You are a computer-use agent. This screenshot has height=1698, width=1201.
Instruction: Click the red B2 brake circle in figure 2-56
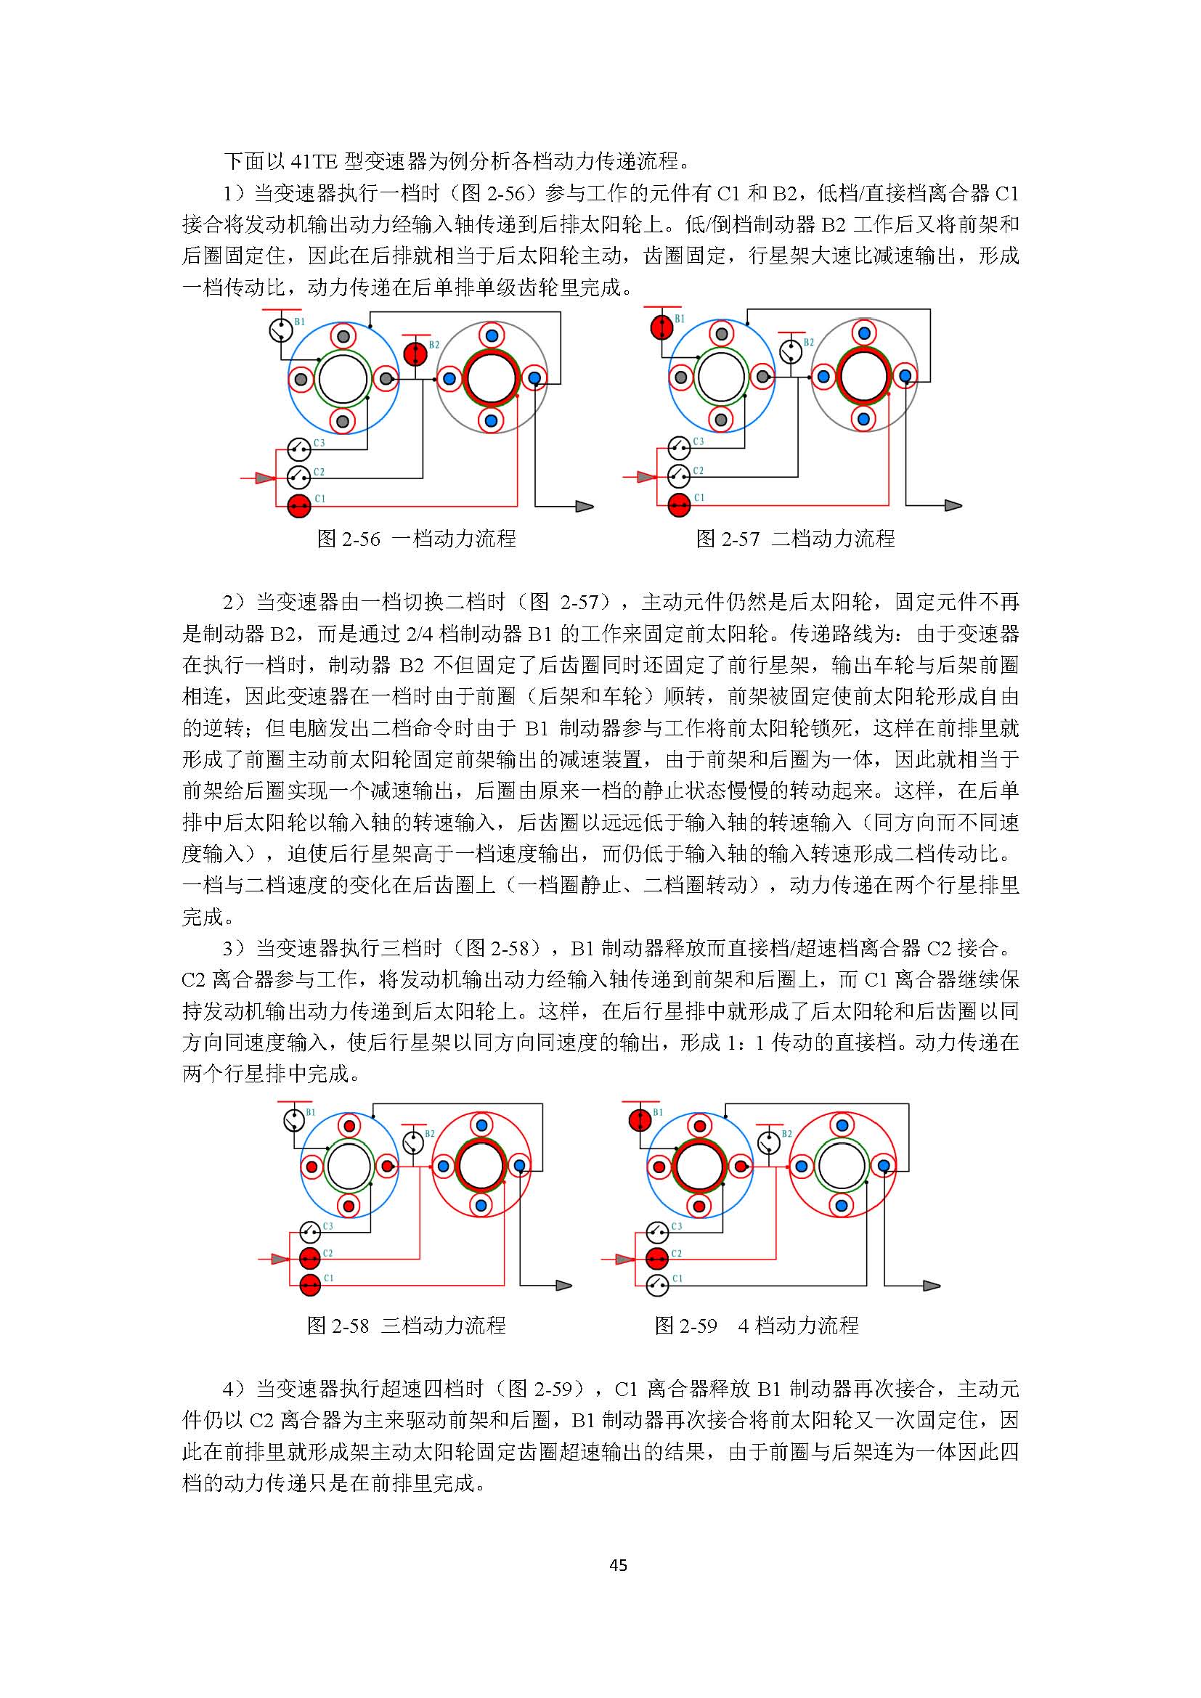tap(415, 354)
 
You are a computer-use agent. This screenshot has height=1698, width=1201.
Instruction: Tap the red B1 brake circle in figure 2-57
tap(661, 326)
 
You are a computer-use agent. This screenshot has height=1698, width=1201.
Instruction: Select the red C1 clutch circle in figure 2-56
tap(298, 506)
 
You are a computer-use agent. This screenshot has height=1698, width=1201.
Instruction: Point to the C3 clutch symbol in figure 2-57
tap(679, 447)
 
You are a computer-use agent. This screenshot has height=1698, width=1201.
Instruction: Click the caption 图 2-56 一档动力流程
tap(415, 539)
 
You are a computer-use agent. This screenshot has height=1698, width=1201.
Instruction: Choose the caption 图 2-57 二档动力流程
tap(795, 539)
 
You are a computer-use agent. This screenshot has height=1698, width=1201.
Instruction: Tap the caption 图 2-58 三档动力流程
tap(406, 1326)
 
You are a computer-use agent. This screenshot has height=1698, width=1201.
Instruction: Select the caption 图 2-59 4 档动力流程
tap(757, 1326)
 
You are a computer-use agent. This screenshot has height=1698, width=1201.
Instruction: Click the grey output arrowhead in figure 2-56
tap(585, 507)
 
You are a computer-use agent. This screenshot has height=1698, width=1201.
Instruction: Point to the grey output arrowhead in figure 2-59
tap(931, 1286)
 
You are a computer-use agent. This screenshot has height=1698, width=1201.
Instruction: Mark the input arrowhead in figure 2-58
tap(280, 1258)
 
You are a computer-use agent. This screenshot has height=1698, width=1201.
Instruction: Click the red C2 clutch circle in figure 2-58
tap(310, 1257)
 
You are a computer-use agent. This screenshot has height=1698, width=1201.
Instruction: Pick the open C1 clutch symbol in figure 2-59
tap(656, 1286)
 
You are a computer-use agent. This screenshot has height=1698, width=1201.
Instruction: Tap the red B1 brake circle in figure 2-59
tap(640, 1120)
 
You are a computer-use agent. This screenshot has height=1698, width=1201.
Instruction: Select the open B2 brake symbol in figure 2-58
tap(412, 1143)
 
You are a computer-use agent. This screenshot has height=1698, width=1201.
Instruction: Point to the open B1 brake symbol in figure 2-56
tap(281, 329)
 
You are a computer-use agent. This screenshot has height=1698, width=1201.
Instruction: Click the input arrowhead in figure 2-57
tap(646, 477)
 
